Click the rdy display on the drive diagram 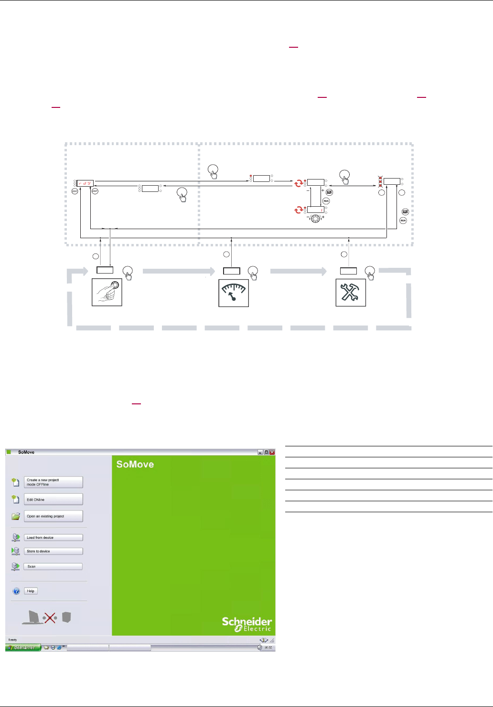86,183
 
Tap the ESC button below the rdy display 75,191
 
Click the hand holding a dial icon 107,292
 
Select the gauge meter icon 234,293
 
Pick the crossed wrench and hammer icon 351,292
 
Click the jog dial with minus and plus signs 315,219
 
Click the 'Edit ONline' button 54,499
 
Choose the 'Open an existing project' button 54,516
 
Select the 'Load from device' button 54,538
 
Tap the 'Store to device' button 54,551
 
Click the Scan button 54,567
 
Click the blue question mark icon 16,591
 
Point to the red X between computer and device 50,618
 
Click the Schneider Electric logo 247,624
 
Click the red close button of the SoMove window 272,452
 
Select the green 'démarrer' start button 23,648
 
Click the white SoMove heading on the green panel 135,464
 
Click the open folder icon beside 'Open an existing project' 16,516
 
